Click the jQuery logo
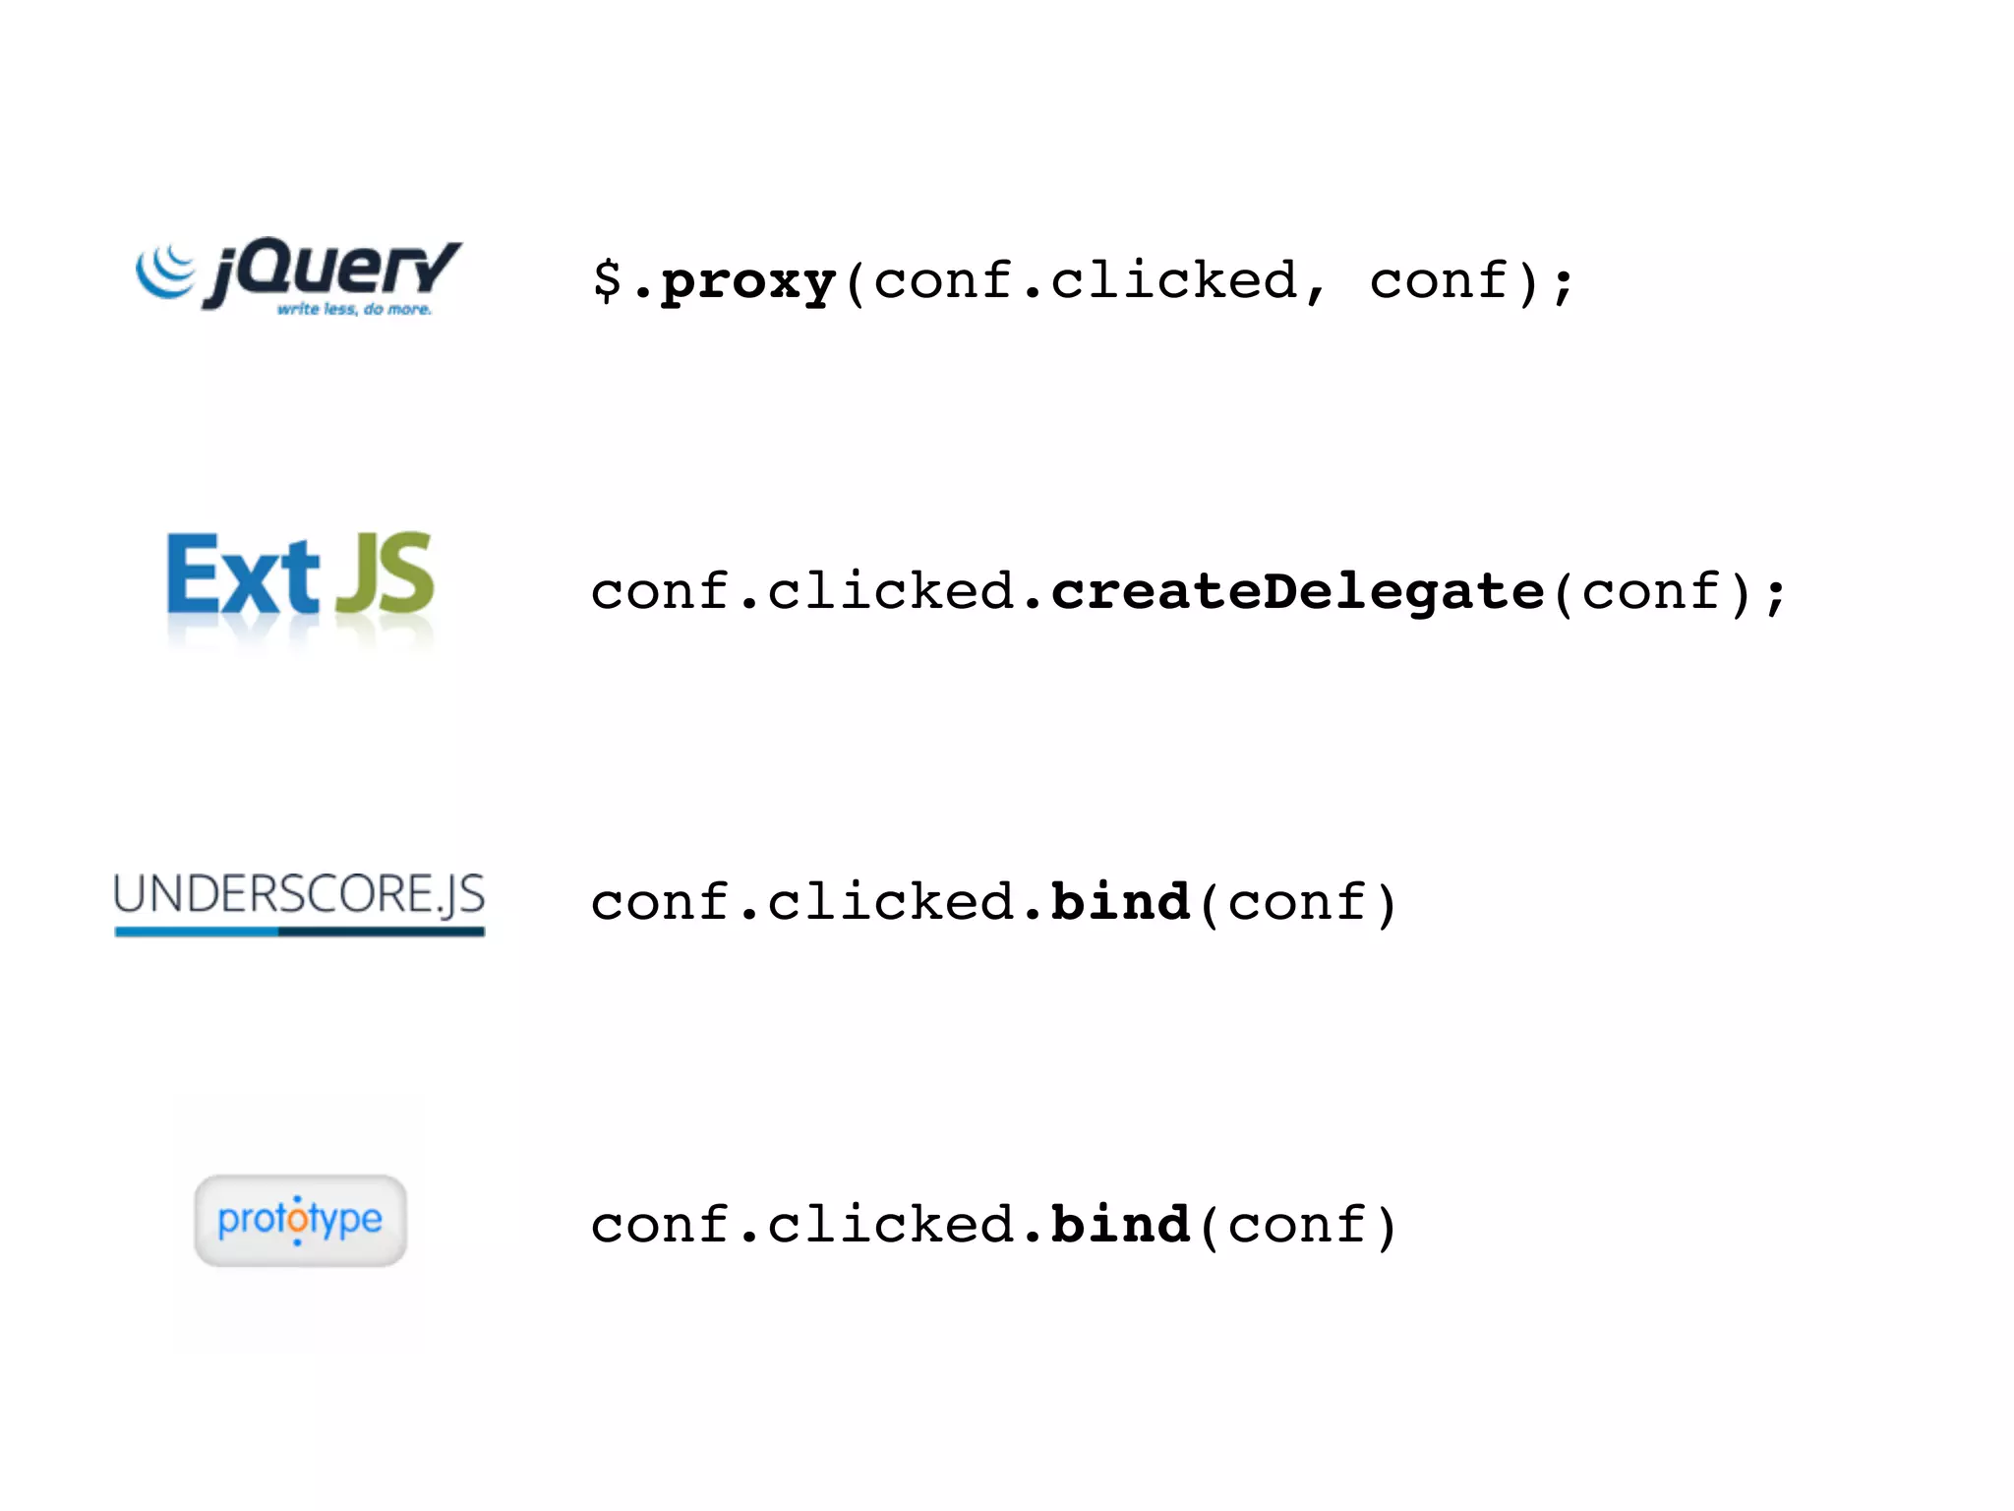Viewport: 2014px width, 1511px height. [x=299, y=275]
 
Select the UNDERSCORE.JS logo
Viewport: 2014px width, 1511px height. [x=299, y=900]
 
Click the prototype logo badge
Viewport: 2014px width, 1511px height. [x=300, y=1220]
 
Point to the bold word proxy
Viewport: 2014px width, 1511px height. [x=747, y=283]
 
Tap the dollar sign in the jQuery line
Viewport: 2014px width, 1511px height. [x=607, y=279]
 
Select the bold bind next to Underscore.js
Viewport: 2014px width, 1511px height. [x=1120, y=902]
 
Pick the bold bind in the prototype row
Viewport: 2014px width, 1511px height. [x=1120, y=1225]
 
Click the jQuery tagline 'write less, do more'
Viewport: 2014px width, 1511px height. [x=354, y=310]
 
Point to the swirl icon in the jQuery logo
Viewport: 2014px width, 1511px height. [x=165, y=271]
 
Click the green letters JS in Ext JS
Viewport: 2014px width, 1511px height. [x=385, y=574]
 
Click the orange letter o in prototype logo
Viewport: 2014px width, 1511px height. [x=298, y=1221]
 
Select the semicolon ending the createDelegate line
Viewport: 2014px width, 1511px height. [x=1774, y=596]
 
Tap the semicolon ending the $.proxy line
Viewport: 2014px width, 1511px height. [x=1563, y=285]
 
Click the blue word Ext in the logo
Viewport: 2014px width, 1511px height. [x=243, y=576]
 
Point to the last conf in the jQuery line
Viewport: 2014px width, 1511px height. [x=1439, y=281]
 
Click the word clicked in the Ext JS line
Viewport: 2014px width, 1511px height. [x=890, y=592]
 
